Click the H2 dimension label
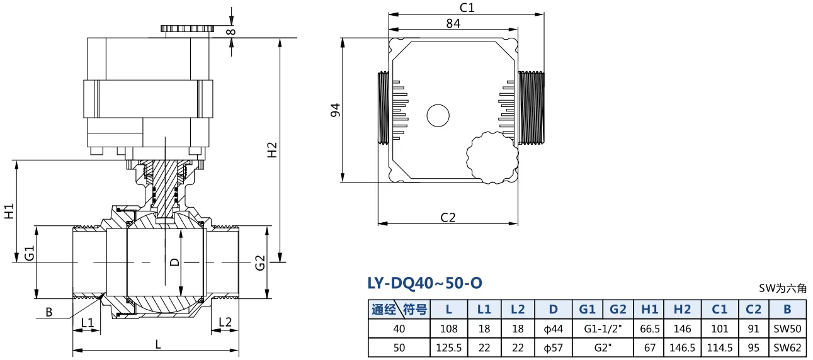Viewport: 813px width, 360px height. coord(272,150)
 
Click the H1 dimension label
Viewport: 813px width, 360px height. coord(9,211)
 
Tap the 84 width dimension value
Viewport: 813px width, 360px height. coord(453,23)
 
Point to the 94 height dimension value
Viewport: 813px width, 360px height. coord(336,110)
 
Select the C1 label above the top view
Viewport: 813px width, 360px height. coord(467,8)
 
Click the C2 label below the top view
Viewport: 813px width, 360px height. coord(448,217)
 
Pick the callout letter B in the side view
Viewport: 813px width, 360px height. coord(49,312)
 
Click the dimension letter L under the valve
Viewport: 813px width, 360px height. coord(158,344)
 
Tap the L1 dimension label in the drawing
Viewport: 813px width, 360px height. coord(87,322)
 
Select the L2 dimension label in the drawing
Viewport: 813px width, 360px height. coord(225,322)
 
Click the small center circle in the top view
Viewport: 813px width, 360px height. coord(438,115)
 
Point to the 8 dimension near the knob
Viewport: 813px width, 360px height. coord(231,31)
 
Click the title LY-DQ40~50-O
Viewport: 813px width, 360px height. coord(424,283)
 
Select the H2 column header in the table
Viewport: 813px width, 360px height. coord(683,309)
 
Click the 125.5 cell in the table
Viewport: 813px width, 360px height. coord(448,347)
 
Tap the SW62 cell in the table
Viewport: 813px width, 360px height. coord(787,347)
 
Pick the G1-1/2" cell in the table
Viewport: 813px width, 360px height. coord(603,329)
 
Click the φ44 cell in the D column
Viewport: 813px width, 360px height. coord(553,329)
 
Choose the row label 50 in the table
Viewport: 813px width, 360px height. coord(399,347)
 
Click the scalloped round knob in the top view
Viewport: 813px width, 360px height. coord(492,157)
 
